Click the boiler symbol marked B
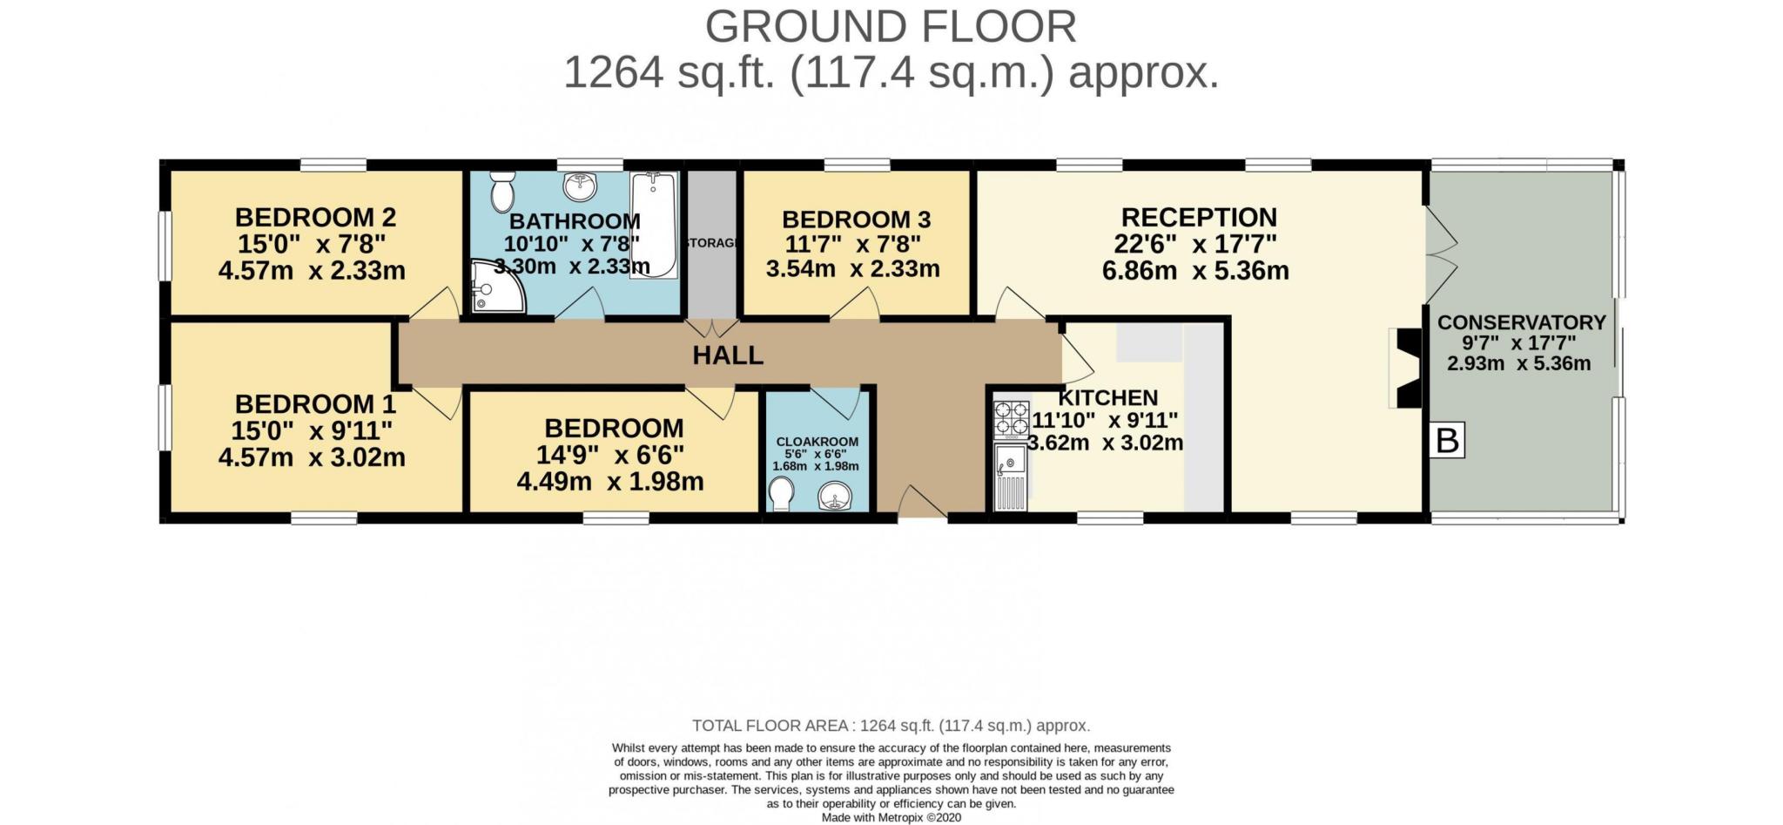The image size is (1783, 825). (x=1446, y=441)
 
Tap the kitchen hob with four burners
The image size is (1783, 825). (x=1012, y=418)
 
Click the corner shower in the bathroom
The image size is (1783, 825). (x=497, y=287)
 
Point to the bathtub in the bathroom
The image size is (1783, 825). (x=653, y=225)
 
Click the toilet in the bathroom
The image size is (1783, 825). (x=502, y=192)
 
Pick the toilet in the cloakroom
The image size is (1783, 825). (x=781, y=497)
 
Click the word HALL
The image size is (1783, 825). (x=728, y=355)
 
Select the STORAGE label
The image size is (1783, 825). (x=712, y=243)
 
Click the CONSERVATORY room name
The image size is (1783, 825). (x=1521, y=322)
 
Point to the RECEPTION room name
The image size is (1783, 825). (x=1198, y=217)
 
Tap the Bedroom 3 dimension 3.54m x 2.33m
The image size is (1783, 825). (x=852, y=269)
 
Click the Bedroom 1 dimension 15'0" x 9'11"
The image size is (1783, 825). (x=311, y=430)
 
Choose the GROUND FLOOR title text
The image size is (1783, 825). (x=890, y=27)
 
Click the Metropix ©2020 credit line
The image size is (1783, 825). (x=891, y=818)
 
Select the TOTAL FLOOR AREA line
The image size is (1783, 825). (x=891, y=726)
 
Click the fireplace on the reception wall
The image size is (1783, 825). (x=1404, y=368)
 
